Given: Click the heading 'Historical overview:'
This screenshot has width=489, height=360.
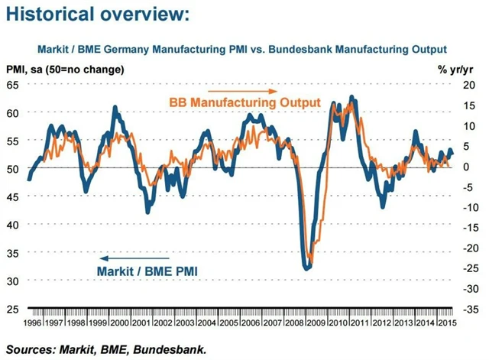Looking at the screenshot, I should [x=96, y=15].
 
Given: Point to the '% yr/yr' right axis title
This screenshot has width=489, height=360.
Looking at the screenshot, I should [x=456, y=69].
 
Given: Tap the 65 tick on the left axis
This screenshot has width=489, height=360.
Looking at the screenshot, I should [x=13, y=84].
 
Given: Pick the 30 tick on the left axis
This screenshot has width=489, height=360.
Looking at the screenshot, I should [x=13, y=281].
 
